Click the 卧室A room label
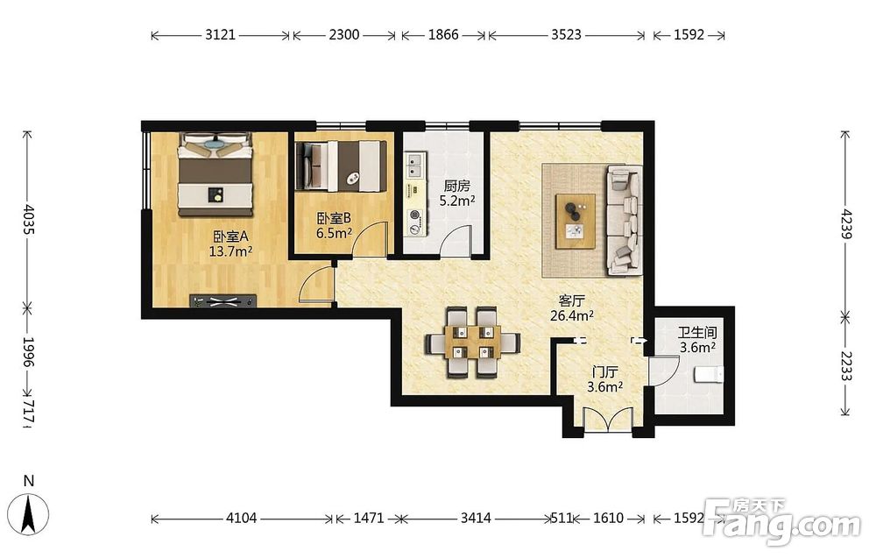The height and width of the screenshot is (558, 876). pyautogui.click(x=230, y=237)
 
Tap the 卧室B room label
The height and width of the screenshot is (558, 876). pyautogui.click(x=334, y=218)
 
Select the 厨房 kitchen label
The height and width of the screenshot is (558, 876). pyautogui.click(x=457, y=186)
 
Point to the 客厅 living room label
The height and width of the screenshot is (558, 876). pyautogui.click(x=571, y=301)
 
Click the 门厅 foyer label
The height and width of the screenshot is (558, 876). pyautogui.click(x=605, y=372)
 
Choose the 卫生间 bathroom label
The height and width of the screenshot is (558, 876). pyautogui.click(x=698, y=333)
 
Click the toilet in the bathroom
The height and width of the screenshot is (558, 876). pyautogui.click(x=709, y=374)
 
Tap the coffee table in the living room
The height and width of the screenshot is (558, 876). pyautogui.click(x=576, y=222)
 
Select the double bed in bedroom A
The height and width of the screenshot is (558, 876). pyautogui.click(x=215, y=174)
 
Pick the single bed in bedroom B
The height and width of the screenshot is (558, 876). pyautogui.click(x=341, y=166)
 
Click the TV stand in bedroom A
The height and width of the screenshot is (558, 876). pyautogui.click(x=223, y=301)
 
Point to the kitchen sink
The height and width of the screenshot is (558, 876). pyautogui.click(x=415, y=166)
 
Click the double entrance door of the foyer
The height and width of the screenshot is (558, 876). pyautogui.click(x=608, y=420)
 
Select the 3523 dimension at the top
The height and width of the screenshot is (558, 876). pyautogui.click(x=567, y=35)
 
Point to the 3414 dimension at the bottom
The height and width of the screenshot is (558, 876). pyautogui.click(x=476, y=519)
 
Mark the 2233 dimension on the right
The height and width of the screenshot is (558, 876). pyautogui.click(x=846, y=366)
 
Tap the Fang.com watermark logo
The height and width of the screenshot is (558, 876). pyautogui.click(x=782, y=521)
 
